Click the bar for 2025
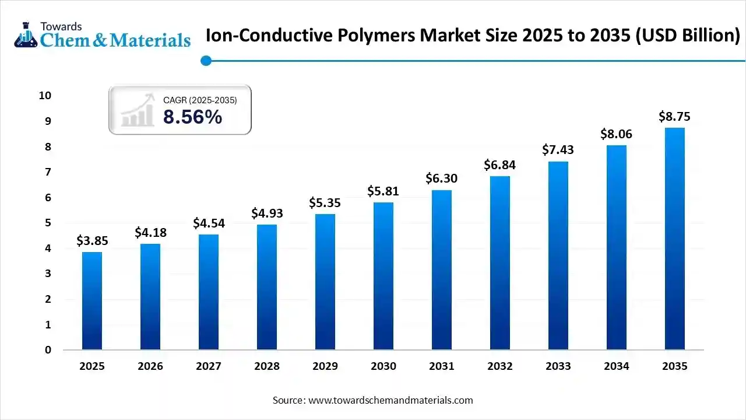[92, 301]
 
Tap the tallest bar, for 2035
[675, 239]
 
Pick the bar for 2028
[267, 287]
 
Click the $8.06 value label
[616, 134]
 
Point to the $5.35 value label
[325, 203]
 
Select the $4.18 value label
[150, 233]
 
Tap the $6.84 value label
[499, 165]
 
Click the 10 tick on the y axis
[45, 96]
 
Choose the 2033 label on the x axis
[558, 366]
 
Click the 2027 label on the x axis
[209, 366]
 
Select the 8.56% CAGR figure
[192, 117]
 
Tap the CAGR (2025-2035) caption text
[200, 100]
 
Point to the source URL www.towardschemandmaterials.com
[390, 400]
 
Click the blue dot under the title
[205, 60]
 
